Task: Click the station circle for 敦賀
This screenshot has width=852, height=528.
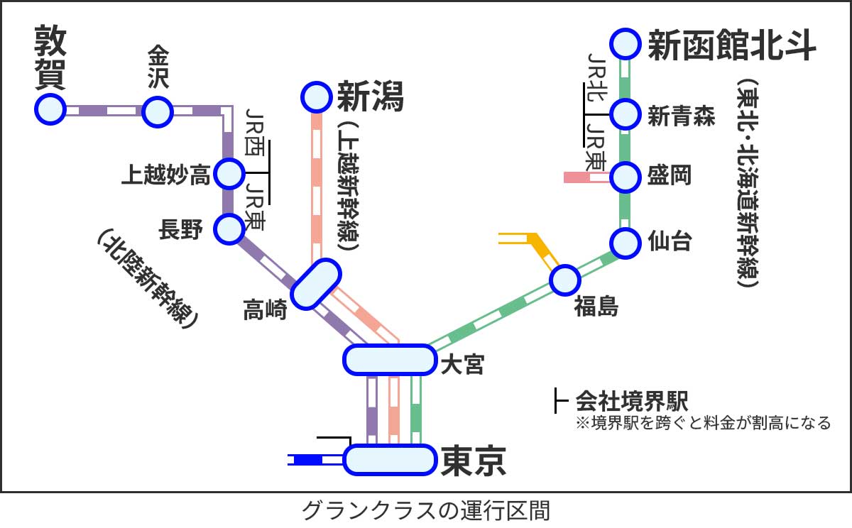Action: click(x=50, y=110)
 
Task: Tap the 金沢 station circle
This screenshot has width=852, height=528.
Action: click(x=157, y=111)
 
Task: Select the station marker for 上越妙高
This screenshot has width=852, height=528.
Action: click(x=229, y=172)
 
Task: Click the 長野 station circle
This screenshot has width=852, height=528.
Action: click(x=229, y=229)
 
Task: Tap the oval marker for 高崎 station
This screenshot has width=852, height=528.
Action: click(x=316, y=283)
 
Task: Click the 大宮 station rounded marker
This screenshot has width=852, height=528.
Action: click(x=389, y=359)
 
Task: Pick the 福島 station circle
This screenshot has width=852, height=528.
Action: click(x=565, y=280)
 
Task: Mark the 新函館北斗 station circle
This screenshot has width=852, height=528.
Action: click(x=626, y=44)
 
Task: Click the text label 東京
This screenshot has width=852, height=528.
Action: click(x=473, y=460)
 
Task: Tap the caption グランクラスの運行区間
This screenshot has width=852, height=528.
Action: click(x=426, y=510)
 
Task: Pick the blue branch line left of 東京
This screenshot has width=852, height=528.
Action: click(x=307, y=460)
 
